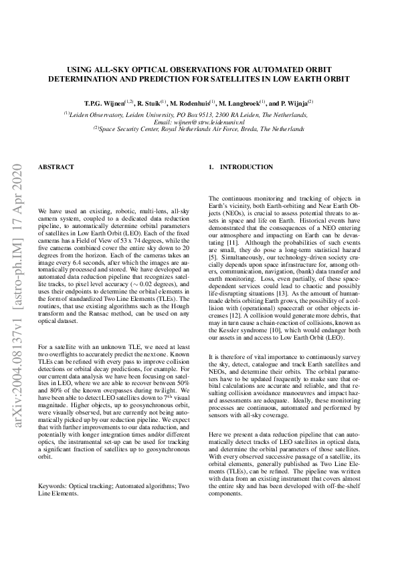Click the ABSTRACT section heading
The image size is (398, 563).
(56, 166)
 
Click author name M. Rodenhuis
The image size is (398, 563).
(192, 104)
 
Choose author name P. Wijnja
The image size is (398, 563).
(291, 104)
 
